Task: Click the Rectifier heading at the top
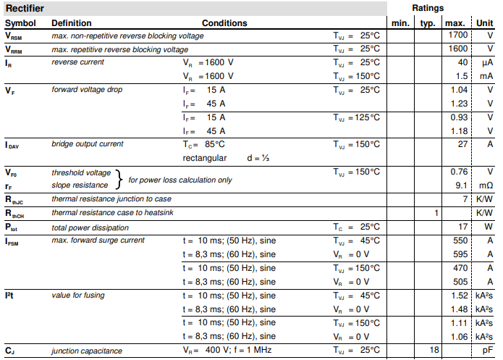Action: point(25,8)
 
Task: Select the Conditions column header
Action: point(224,23)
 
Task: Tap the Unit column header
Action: point(484,23)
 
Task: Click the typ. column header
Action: point(428,23)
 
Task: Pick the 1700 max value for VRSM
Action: point(457,35)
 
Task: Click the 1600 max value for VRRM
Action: point(457,49)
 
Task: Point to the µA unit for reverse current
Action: point(487,62)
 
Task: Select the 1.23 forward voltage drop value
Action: point(459,104)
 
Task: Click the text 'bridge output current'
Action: point(88,144)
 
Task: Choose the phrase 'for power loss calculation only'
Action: point(180,180)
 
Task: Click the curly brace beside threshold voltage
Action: point(119,179)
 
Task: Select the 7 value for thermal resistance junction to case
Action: point(465,199)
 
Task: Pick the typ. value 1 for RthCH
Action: point(436,213)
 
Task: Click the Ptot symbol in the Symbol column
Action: point(13,227)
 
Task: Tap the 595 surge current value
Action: point(460,254)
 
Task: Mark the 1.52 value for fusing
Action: point(459,296)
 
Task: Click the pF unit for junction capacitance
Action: point(487,351)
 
